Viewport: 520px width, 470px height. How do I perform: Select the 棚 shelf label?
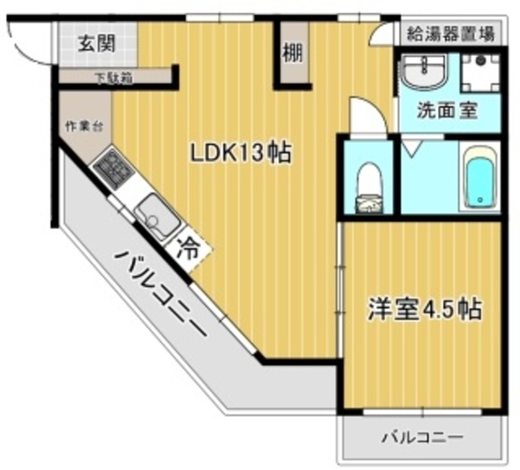click(x=292, y=54)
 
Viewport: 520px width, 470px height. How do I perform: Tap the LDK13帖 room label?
click(x=241, y=153)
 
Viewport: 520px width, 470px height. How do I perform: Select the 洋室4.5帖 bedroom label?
click(x=424, y=309)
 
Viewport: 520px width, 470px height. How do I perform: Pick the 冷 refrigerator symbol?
click(x=188, y=249)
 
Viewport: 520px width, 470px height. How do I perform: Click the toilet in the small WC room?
click(x=370, y=187)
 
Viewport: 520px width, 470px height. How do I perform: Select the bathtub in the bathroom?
click(x=479, y=179)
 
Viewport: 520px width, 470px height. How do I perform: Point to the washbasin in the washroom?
click(x=426, y=74)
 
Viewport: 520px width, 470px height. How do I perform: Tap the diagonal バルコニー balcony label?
click(x=162, y=296)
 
